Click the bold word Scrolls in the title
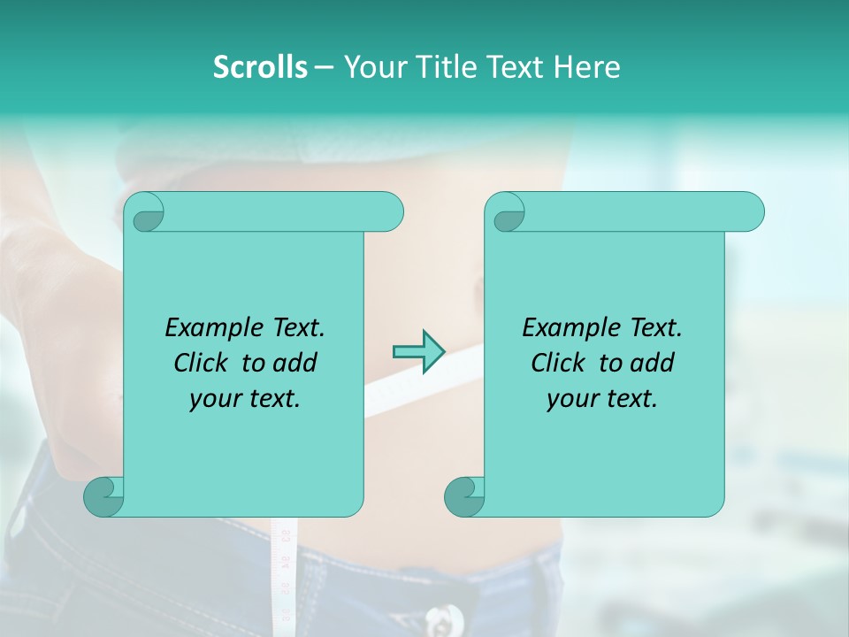tap(260, 66)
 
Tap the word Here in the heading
tap(586, 66)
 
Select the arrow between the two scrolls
tap(418, 351)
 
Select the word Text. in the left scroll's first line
tap(295, 327)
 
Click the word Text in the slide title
tap(516, 66)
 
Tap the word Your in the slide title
tap(371, 66)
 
